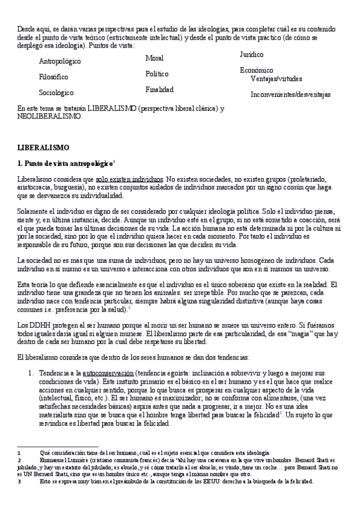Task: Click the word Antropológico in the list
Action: click(x=60, y=61)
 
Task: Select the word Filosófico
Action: click(x=53, y=77)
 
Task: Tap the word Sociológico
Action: click(x=56, y=93)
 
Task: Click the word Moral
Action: click(x=154, y=58)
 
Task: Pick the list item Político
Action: click(x=157, y=73)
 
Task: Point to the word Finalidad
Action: click(x=159, y=90)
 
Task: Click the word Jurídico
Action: click(x=251, y=54)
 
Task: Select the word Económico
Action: click(x=256, y=70)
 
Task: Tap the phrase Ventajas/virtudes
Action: click(x=276, y=79)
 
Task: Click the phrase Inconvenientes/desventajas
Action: click(x=290, y=94)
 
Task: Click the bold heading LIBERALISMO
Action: click(x=44, y=147)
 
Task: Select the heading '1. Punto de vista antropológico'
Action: click(x=65, y=163)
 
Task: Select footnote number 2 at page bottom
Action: click(x=19, y=459)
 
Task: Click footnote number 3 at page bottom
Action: click(x=19, y=482)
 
